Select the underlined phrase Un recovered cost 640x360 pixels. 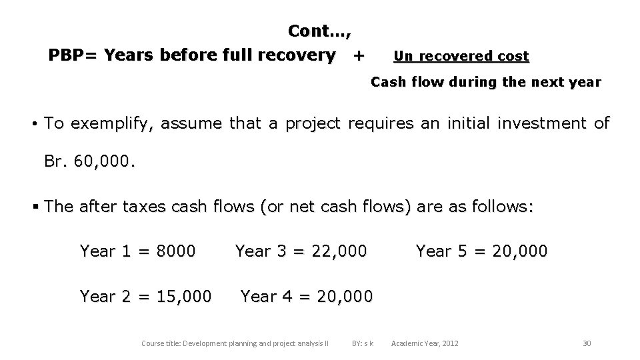[x=461, y=56]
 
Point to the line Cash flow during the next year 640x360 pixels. [x=485, y=83]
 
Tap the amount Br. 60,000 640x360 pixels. [x=89, y=162]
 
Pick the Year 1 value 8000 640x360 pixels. [x=175, y=251]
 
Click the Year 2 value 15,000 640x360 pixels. [x=183, y=295]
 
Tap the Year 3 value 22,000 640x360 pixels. [x=338, y=251]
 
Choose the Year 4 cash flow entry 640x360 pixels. [x=307, y=295]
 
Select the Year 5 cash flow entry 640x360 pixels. [x=481, y=251]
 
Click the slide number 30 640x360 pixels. [x=587, y=343]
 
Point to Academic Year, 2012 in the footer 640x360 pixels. [x=425, y=343]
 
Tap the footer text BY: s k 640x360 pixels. [x=362, y=343]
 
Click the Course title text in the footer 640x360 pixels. [x=235, y=343]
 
